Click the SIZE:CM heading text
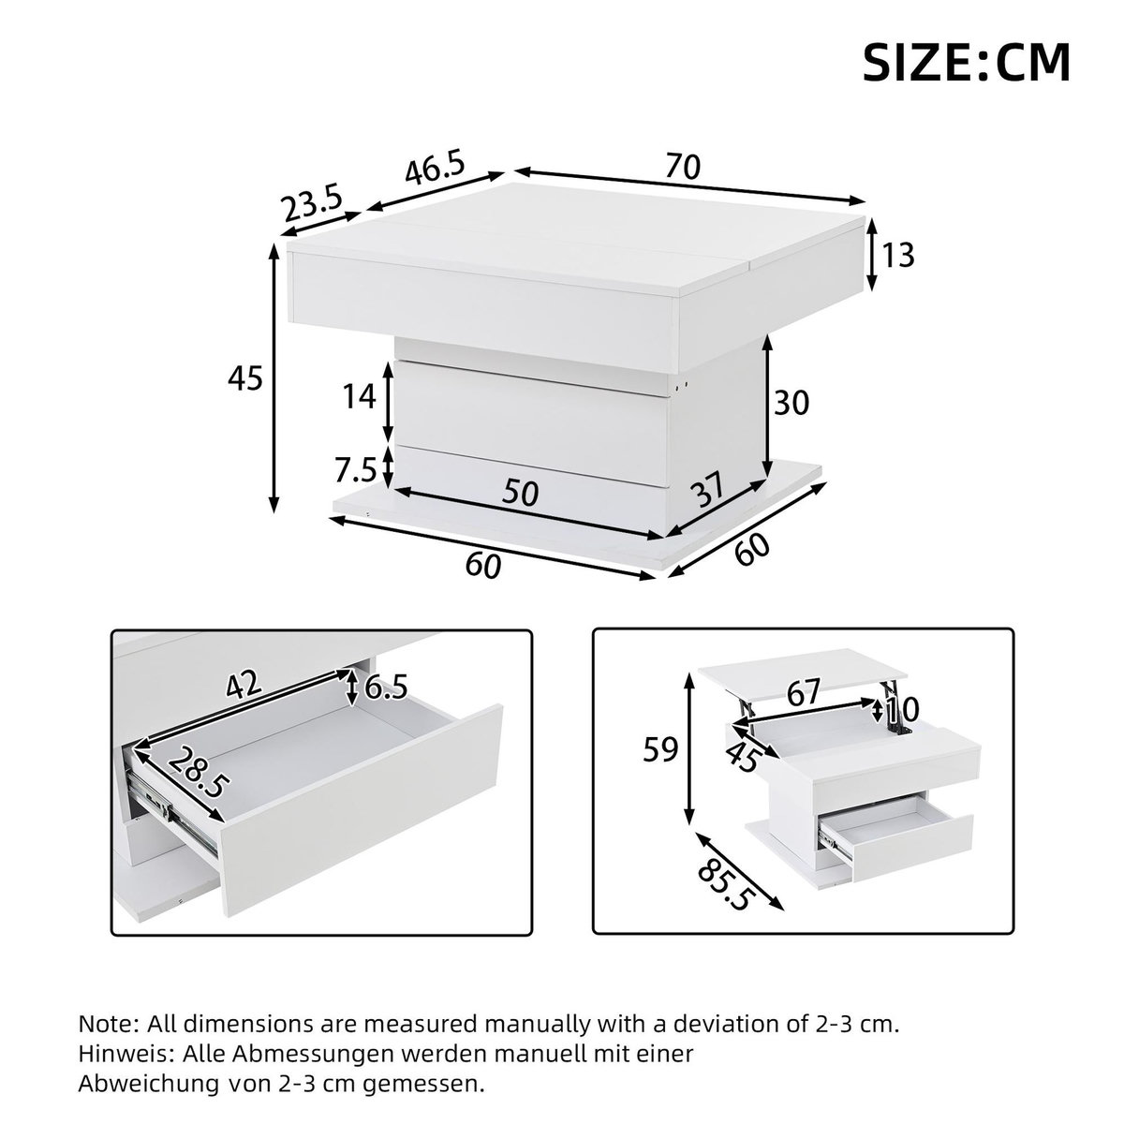tap(966, 63)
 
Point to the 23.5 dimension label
tap(314, 205)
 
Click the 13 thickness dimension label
tap(897, 255)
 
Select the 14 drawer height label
tap(360, 397)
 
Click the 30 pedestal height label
tap(791, 403)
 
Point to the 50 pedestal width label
tap(521, 493)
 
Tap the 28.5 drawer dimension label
tap(198, 771)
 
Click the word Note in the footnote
tap(103, 1023)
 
